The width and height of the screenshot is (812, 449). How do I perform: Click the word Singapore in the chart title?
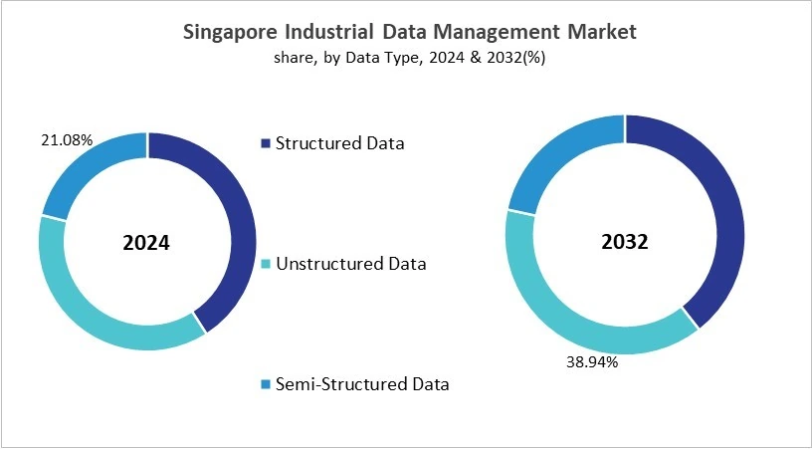(x=232, y=33)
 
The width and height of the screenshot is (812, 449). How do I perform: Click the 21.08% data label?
(x=68, y=140)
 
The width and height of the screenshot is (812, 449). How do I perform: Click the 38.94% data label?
(x=593, y=362)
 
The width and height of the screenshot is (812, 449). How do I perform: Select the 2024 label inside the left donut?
(x=147, y=242)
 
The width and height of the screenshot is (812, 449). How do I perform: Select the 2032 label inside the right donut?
(x=624, y=242)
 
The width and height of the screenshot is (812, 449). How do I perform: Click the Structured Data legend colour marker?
(x=265, y=144)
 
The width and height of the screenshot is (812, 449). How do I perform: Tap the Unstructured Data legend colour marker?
(x=265, y=265)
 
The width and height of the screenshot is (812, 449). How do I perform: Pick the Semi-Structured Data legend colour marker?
(x=265, y=384)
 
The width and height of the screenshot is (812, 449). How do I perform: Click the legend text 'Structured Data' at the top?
(x=339, y=143)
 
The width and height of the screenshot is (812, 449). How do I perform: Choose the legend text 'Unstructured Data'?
(x=350, y=264)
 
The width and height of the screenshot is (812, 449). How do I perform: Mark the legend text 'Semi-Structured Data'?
(x=362, y=383)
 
